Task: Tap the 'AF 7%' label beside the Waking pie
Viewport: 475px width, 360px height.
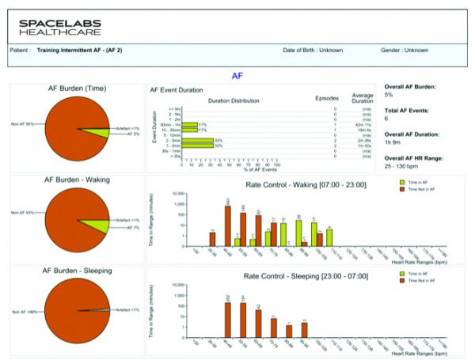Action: click(x=133, y=227)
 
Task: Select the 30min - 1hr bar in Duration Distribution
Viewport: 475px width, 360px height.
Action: click(x=190, y=124)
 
